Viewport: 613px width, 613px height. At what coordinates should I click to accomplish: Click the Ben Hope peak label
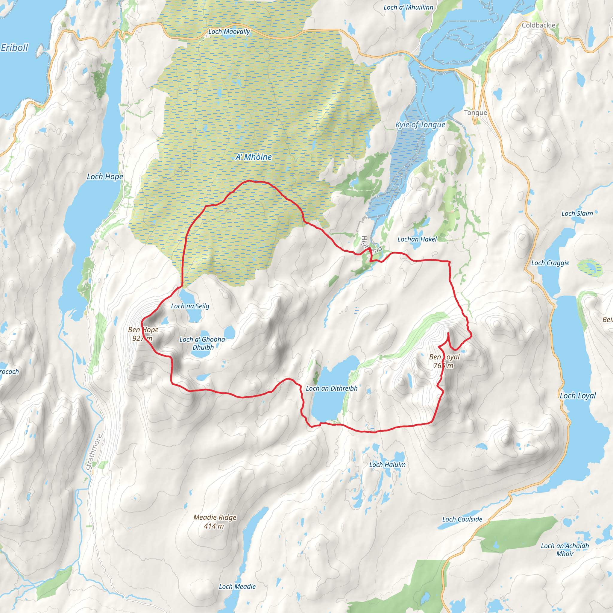143,334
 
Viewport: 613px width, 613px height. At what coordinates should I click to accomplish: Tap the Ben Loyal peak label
444,361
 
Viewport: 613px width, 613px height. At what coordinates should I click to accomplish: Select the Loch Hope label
105,177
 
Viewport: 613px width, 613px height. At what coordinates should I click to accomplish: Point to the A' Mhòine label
254,157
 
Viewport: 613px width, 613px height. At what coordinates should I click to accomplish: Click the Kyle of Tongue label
420,125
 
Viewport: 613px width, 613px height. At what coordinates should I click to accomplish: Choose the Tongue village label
475,113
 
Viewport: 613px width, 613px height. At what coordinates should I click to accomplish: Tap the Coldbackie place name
538,25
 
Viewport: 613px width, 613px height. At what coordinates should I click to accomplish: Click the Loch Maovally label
229,32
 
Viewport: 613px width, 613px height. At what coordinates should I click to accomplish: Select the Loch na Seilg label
190,306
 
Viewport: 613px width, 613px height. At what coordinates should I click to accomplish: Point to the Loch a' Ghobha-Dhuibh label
203,343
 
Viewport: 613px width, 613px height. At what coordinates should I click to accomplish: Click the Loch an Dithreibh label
332,388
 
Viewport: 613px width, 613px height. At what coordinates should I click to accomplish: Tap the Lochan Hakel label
417,239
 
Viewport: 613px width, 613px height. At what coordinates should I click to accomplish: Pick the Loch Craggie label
550,263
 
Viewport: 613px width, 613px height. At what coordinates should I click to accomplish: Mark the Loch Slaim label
577,213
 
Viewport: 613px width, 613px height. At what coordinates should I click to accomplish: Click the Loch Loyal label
578,396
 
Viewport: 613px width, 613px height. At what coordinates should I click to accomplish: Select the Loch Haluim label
387,465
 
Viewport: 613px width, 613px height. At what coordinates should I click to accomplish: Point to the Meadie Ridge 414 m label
215,522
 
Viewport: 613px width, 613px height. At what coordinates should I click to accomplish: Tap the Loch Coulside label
462,519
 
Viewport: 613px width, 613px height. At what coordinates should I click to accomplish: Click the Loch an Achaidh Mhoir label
565,550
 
